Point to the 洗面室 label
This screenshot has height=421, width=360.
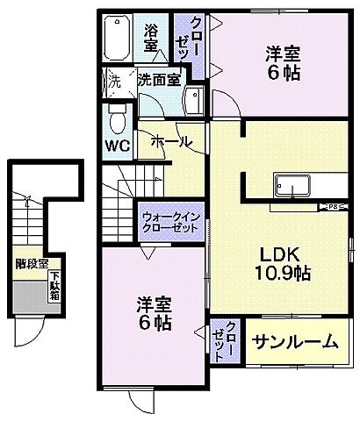point(159,78)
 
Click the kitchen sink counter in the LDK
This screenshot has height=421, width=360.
point(293,187)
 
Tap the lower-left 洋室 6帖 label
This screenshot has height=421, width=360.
point(153,313)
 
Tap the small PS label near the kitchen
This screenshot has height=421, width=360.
point(334,207)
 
